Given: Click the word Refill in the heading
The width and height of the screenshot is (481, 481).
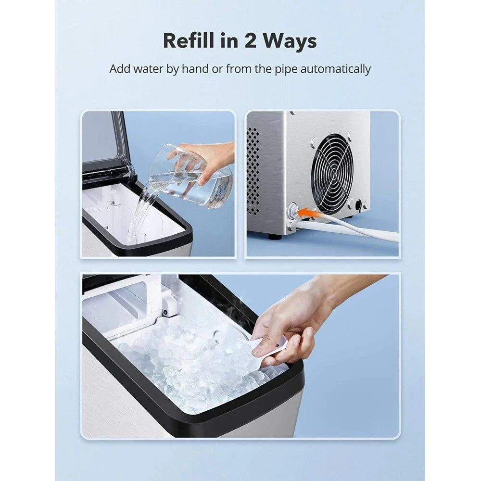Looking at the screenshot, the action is coord(189,40).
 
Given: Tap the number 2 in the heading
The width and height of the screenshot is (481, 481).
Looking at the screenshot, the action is coord(250,40).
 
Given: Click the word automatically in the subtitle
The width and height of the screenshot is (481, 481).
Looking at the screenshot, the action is coord(336,69).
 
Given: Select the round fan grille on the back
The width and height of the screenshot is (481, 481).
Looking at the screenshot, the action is coord(332,173).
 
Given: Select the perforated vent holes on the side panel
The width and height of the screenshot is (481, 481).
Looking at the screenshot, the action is coord(253,172).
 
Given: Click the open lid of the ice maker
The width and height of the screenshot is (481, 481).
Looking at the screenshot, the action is coord(106,146).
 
